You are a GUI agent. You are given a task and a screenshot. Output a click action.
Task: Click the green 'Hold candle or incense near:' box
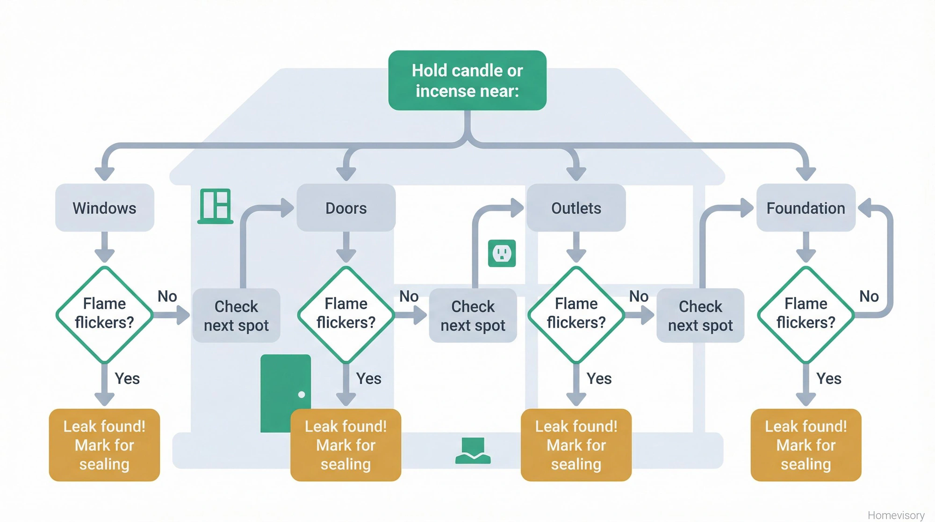(467, 80)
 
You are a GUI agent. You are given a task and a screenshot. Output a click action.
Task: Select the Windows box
(105, 208)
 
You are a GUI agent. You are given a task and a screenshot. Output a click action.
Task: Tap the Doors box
(346, 208)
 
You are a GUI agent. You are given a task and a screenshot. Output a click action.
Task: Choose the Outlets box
(576, 208)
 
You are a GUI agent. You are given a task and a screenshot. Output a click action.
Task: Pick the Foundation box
(806, 208)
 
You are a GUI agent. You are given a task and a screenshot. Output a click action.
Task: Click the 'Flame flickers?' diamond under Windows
(105, 314)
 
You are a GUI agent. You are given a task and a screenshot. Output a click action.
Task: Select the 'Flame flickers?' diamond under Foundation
(806, 314)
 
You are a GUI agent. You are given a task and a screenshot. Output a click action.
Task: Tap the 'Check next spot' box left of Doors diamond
(236, 316)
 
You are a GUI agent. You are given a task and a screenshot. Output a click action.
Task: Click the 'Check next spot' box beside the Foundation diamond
(700, 316)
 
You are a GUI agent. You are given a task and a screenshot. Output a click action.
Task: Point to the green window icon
(216, 206)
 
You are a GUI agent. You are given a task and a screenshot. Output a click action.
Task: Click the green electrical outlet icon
(502, 254)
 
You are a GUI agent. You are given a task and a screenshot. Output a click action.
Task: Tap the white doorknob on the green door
(302, 394)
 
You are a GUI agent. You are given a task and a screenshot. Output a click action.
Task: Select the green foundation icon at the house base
(473, 450)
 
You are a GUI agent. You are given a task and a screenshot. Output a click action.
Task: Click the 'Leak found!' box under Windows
(104, 445)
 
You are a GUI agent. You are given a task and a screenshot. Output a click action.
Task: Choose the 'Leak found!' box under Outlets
(576, 445)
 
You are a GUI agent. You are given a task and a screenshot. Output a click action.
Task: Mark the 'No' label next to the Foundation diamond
(869, 296)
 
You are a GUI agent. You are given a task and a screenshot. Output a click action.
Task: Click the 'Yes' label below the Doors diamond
(368, 378)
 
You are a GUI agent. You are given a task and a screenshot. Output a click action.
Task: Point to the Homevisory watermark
(896, 515)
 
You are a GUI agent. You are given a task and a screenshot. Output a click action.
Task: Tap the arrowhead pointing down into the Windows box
(105, 174)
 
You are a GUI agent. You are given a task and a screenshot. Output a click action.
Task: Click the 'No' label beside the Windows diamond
(167, 296)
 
